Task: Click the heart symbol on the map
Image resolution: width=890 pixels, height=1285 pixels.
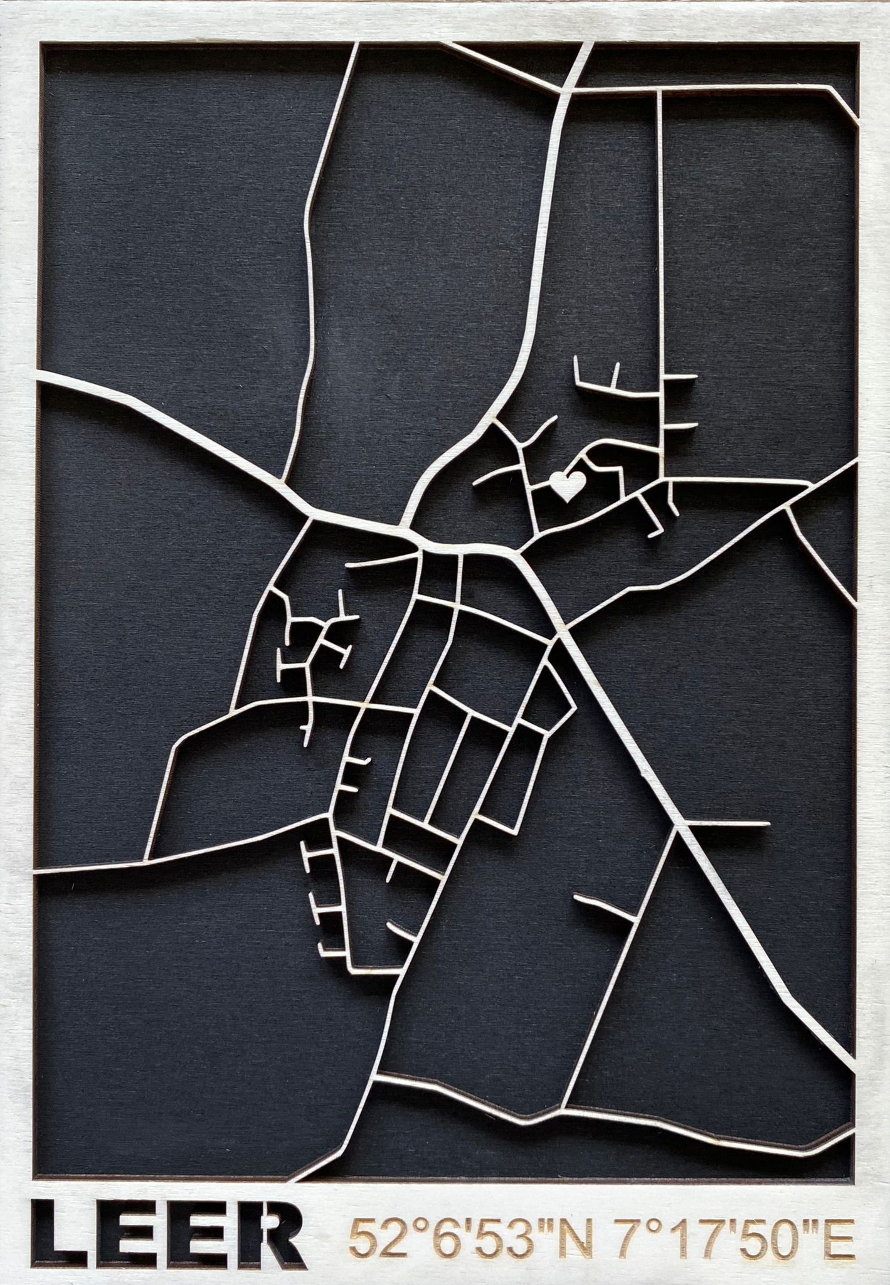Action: point(567,485)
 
